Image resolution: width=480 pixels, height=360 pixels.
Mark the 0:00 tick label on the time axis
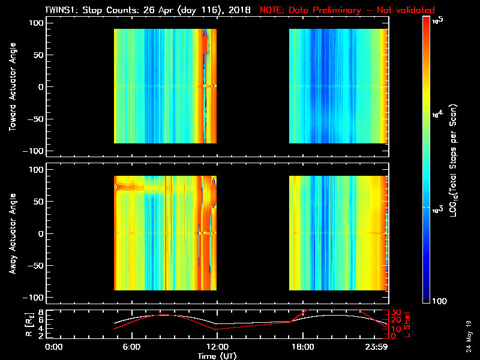pyautogui.click(x=55, y=347)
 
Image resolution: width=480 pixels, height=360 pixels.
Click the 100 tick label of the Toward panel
pyautogui.click(x=37, y=23)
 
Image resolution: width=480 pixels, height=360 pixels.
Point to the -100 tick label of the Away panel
pyautogui.click(x=35, y=298)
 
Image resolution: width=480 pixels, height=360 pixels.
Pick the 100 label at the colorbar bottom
pyautogui.click(x=439, y=300)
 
